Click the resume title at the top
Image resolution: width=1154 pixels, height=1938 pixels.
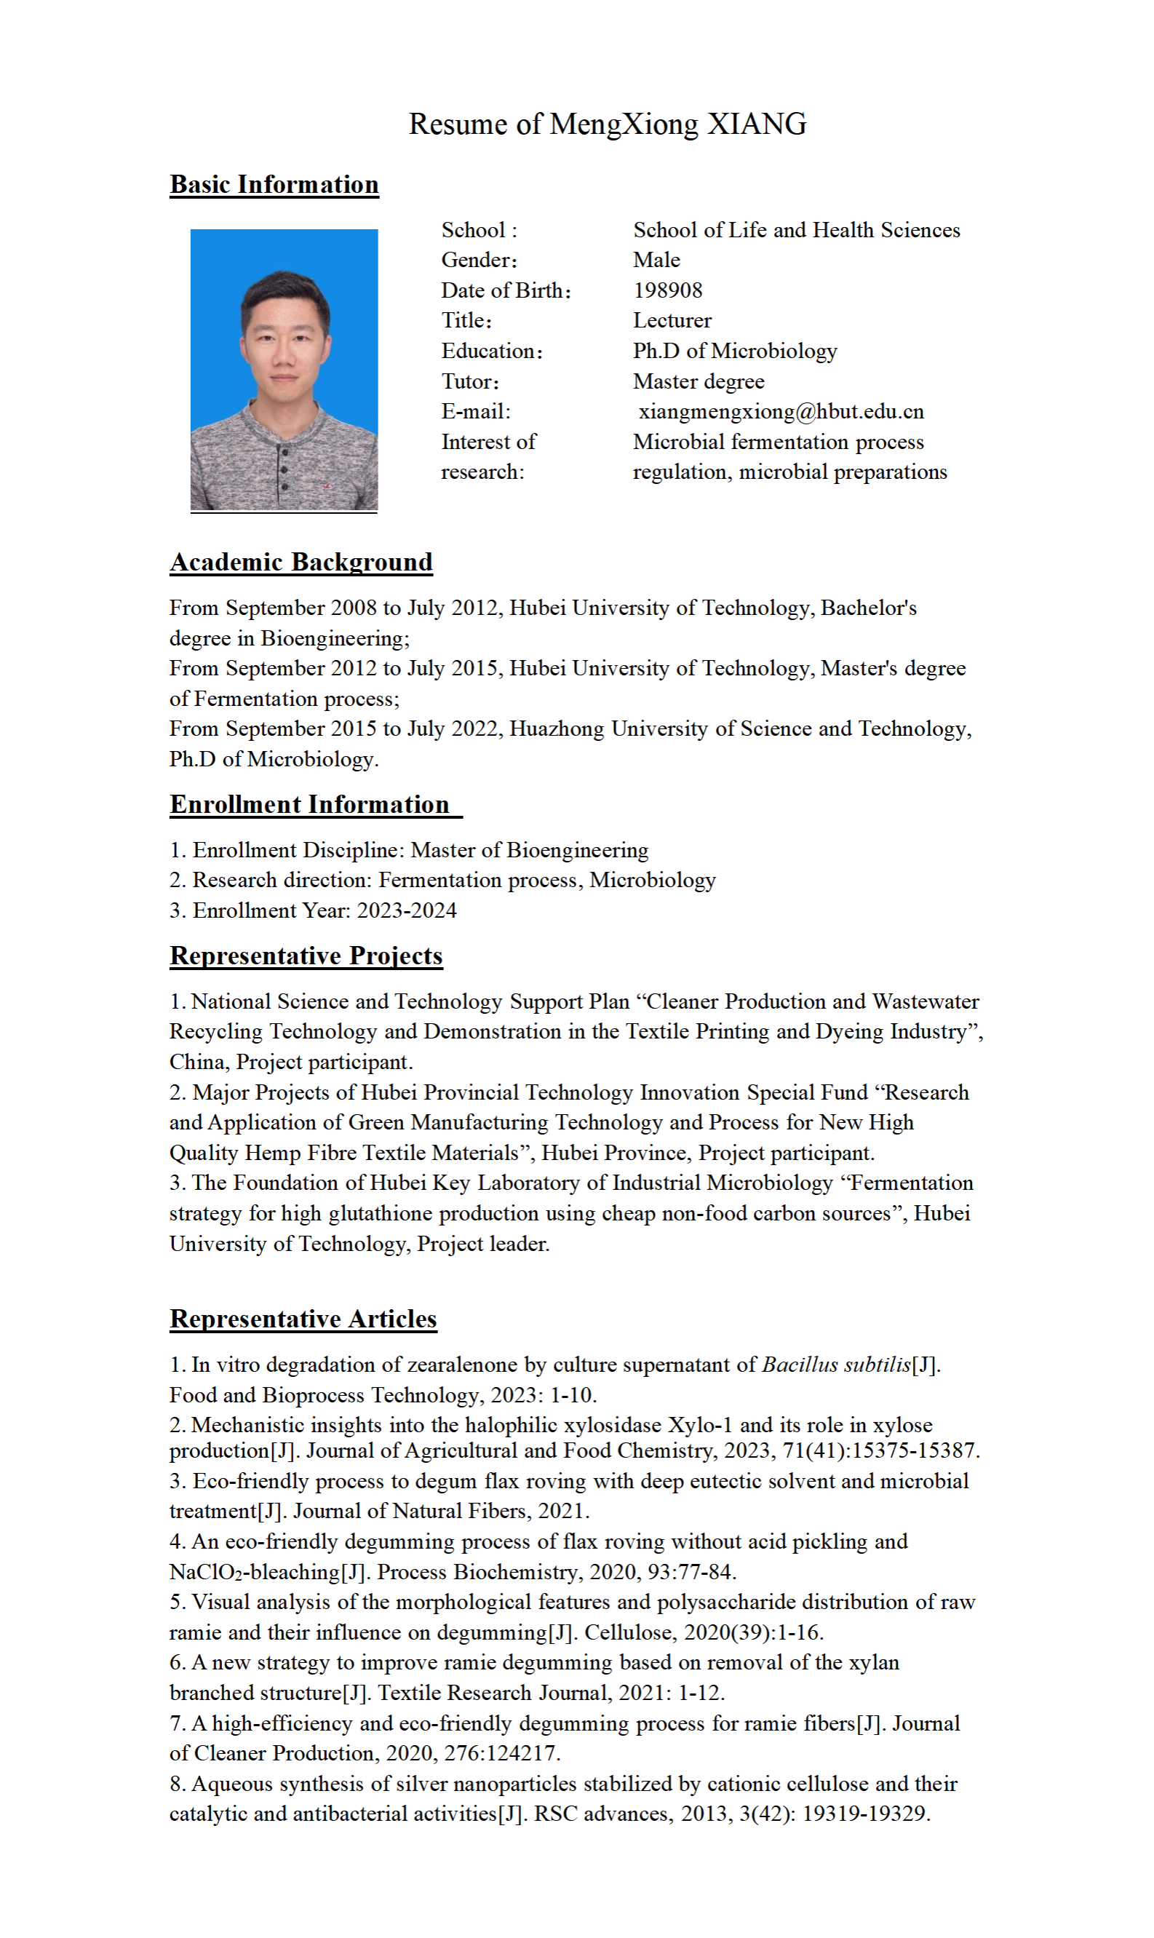pyautogui.click(x=608, y=124)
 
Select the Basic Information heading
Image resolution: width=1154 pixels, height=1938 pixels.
pyautogui.click(x=274, y=185)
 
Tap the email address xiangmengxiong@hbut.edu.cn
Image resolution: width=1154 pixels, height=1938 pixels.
pyautogui.click(x=781, y=411)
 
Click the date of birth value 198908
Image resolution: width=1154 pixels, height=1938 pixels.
pyautogui.click(x=667, y=290)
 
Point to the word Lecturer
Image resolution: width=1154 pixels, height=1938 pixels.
pyautogui.click(x=672, y=320)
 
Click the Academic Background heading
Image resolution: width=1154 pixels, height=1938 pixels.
pyautogui.click(x=301, y=563)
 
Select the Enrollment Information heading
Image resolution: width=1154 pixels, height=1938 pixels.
pyautogui.click(x=309, y=805)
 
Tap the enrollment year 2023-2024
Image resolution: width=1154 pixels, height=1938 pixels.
pyautogui.click(x=407, y=910)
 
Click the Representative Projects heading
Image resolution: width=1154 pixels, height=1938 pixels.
pyautogui.click(x=306, y=956)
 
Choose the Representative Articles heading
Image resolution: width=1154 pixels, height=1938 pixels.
pyautogui.click(x=303, y=1319)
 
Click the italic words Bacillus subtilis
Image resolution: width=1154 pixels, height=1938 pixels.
pyautogui.click(x=836, y=1365)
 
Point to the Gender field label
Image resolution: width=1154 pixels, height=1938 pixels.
pyautogui.click(x=479, y=260)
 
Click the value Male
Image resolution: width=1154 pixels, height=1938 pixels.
pyautogui.click(x=656, y=260)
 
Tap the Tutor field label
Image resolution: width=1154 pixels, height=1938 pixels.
pyautogui.click(x=470, y=381)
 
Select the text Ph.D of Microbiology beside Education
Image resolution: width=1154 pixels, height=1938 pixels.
pyautogui.click(x=735, y=351)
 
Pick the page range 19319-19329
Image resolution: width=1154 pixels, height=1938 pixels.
pyautogui.click(x=866, y=1814)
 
